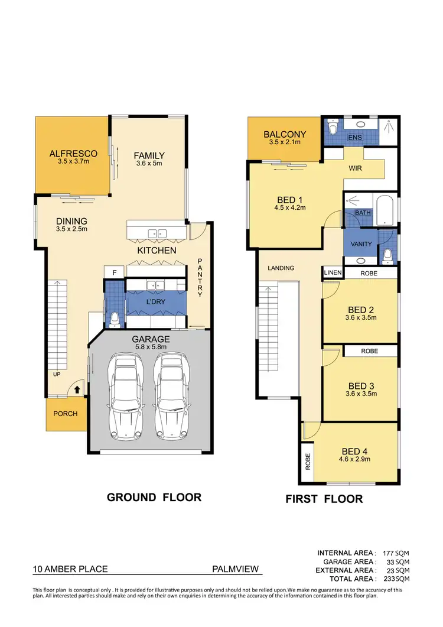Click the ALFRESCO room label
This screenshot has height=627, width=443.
[73, 154]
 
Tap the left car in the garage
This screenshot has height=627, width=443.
[123, 398]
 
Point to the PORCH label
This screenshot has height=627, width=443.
[66, 414]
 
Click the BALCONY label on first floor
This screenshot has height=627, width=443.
[285, 134]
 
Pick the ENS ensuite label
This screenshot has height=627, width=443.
[354, 138]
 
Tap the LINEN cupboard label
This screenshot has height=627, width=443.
[333, 273]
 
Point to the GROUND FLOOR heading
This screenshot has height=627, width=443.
[154, 498]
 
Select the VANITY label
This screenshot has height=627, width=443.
[361, 244]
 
